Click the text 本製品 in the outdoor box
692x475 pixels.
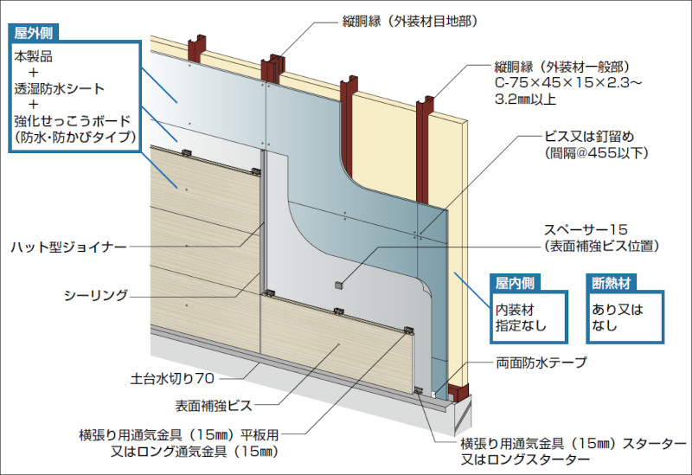coord(34,55)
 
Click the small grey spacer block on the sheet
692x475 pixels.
coord(338,284)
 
